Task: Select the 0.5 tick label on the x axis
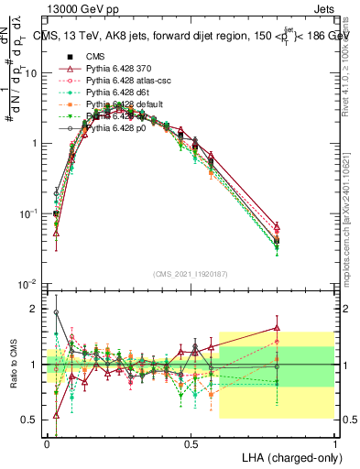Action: [x=191, y=443]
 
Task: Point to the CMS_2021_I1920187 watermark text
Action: [x=191, y=274]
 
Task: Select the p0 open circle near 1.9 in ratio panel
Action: [x=55, y=312]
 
